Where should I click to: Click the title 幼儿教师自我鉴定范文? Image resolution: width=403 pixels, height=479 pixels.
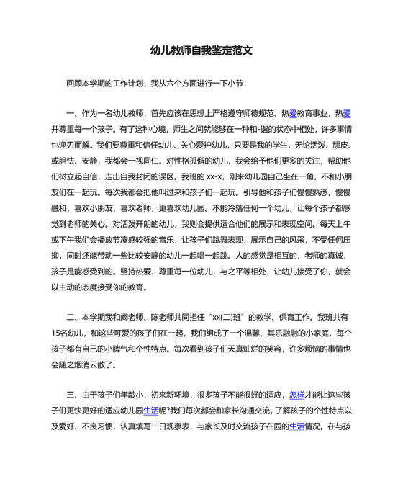[201, 51]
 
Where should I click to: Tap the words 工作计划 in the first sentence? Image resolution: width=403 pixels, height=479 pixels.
[127, 84]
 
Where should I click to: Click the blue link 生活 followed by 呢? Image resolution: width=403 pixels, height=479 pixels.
[151, 411]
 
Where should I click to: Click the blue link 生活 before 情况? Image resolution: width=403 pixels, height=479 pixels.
[297, 426]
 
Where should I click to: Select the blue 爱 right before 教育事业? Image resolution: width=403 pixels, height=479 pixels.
[294, 113]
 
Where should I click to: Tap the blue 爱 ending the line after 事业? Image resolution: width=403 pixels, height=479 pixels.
[347, 113]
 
